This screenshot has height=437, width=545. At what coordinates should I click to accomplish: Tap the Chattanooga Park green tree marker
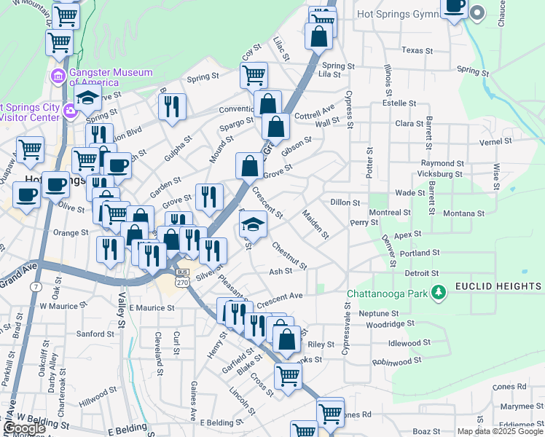click(438, 292)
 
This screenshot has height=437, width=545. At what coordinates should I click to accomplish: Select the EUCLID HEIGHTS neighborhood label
click(498, 286)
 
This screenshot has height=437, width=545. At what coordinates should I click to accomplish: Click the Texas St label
click(417, 50)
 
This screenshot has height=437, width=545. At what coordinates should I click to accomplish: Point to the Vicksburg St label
click(440, 174)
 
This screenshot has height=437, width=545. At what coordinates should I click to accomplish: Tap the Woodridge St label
click(390, 323)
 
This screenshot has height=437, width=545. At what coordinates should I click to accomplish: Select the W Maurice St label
click(63, 307)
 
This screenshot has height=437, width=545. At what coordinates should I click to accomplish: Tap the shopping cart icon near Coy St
click(254, 74)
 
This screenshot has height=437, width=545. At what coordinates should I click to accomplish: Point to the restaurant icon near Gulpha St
click(172, 107)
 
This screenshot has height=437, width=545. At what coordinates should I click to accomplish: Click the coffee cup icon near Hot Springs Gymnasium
click(455, 7)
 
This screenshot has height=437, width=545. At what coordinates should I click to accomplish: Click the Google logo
click(25, 428)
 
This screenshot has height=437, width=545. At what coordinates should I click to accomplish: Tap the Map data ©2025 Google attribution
click(499, 431)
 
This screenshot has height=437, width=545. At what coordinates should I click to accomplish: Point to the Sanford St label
click(91, 334)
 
